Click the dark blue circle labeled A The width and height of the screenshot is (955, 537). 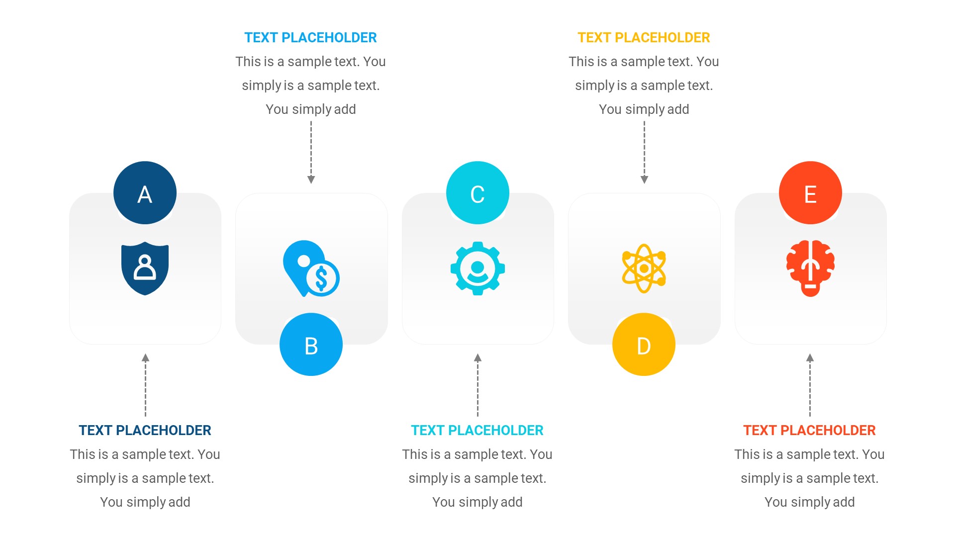[x=145, y=193]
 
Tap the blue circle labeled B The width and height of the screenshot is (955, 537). [x=311, y=345]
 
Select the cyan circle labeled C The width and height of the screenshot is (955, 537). [x=477, y=193]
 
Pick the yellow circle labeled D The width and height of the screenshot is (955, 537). [x=644, y=345]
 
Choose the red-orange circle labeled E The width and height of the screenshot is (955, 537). [x=810, y=193]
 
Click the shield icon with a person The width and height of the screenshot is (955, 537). [x=145, y=268]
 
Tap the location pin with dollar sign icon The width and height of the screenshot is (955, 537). [x=311, y=268]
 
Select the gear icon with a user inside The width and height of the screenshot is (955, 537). [x=477, y=268]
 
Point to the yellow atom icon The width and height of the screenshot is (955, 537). [x=644, y=268]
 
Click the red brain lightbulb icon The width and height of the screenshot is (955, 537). [x=810, y=268]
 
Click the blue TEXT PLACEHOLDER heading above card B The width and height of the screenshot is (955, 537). [x=310, y=38]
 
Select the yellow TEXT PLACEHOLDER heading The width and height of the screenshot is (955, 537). [x=644, y=38]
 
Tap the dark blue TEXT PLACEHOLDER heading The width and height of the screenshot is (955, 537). [x=145, y=431]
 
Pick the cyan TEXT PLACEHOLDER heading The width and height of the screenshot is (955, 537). [x=477, y=431]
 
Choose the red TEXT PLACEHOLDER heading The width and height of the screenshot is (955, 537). [x=809, y=431]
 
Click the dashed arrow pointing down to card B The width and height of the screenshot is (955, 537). [x=311, y=152]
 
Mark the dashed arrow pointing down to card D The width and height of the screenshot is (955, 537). [x=644, y=152]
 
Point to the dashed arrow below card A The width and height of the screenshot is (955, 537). [x=145, y=385]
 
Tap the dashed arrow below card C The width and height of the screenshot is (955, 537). [x=477, y=385]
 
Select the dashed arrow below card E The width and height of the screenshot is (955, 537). [x=810, y=385]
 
